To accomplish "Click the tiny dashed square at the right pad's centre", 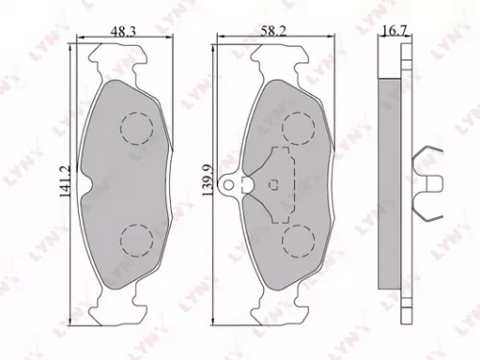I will (278, 183).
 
